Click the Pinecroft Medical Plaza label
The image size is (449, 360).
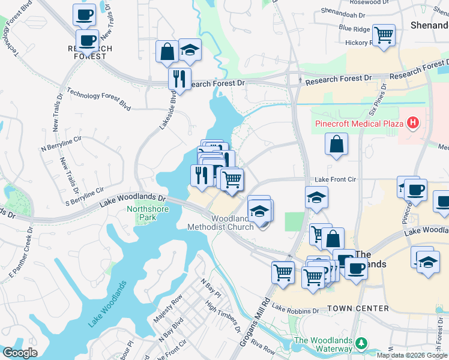point(359,124)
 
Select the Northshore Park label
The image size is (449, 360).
point(148,214)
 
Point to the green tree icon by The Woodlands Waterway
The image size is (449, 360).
point(361,343)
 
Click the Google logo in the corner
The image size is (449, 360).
point(19,353)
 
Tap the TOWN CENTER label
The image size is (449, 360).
point(358,308)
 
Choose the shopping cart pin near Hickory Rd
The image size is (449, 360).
point(384,34)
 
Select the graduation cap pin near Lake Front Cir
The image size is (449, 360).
point(316,197)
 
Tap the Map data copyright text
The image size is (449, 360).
point(412,355)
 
